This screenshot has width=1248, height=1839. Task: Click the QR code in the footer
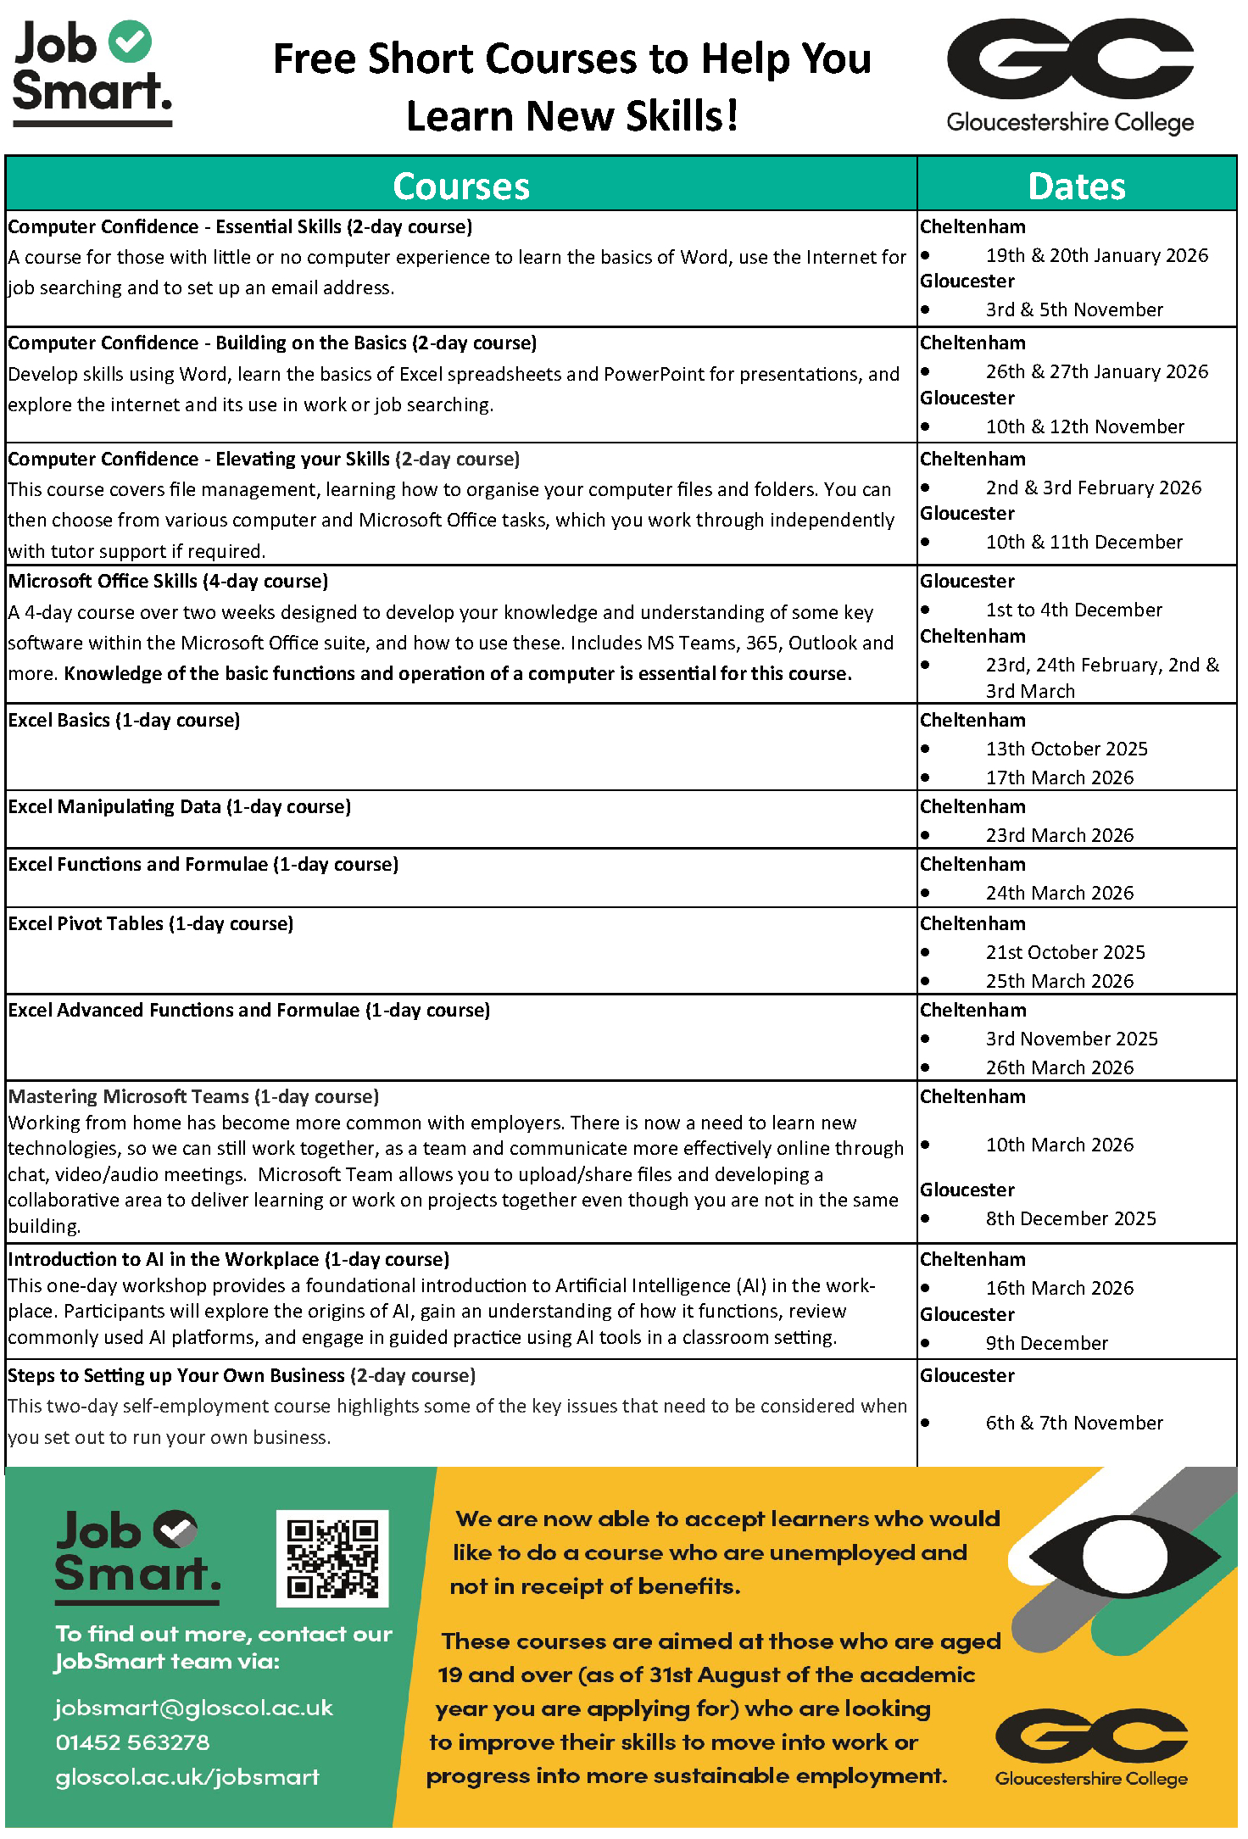click(x=332, y=1558)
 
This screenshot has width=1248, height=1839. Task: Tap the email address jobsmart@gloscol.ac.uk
click(x=194, y=1708)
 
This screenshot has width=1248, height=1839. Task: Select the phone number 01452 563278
click(x=133, y=1742)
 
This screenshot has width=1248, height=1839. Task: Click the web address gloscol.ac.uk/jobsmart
click(x=187, y=1777)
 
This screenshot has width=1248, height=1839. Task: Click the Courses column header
click(x=461, y=186)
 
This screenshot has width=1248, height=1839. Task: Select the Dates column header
click(x=1077, y=186)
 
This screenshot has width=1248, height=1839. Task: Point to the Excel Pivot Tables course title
click(x=151, y=923)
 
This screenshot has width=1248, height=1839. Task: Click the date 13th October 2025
click(x=1067, y=749)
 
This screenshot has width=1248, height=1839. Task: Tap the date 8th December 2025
click(x=1071, y=1218)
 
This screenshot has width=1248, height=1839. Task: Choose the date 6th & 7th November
click(x=1074, y=1423)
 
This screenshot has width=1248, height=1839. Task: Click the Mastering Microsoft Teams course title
click(x=193, y=1096)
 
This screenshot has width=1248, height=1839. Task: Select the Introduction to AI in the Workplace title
click(x=229, y=1259)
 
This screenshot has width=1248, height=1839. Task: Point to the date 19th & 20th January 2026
click(x=1097, y=255)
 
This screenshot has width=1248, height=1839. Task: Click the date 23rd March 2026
click(x=1060, y=835)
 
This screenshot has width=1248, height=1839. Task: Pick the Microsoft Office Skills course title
click(x=168, y=581)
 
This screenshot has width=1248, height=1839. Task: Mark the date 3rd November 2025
click(x=1072, y=1039)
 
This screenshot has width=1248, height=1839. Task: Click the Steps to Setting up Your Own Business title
click(x=242, y=1375)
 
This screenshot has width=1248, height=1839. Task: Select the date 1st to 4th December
click(x=1074, y=610)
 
